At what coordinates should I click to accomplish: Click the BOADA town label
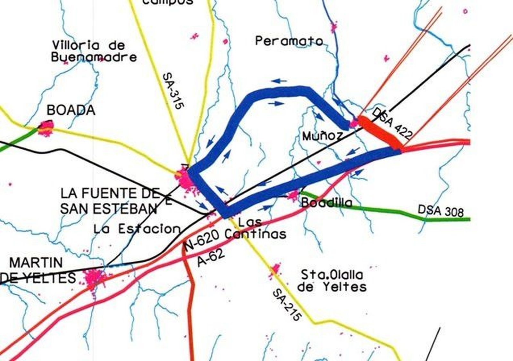[x=71, y=111]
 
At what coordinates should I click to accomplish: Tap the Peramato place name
[x=289, y=41]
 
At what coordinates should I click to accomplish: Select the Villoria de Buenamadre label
[x=93, y=51]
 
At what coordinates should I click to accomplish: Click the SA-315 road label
[x=173, y=91]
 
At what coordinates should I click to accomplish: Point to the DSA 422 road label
[x=392, y=123]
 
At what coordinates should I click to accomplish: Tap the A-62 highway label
[x=211, y=258]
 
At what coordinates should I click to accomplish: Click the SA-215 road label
[x=287, y=305]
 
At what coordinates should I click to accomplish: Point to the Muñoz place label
[x=322, y=136]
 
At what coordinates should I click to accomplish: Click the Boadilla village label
[x=326, y=203]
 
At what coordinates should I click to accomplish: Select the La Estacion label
[x=137, y=229]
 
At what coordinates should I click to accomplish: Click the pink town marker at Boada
[x=46, y=128]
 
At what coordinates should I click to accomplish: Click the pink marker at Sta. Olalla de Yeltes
[x=275, y=269]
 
